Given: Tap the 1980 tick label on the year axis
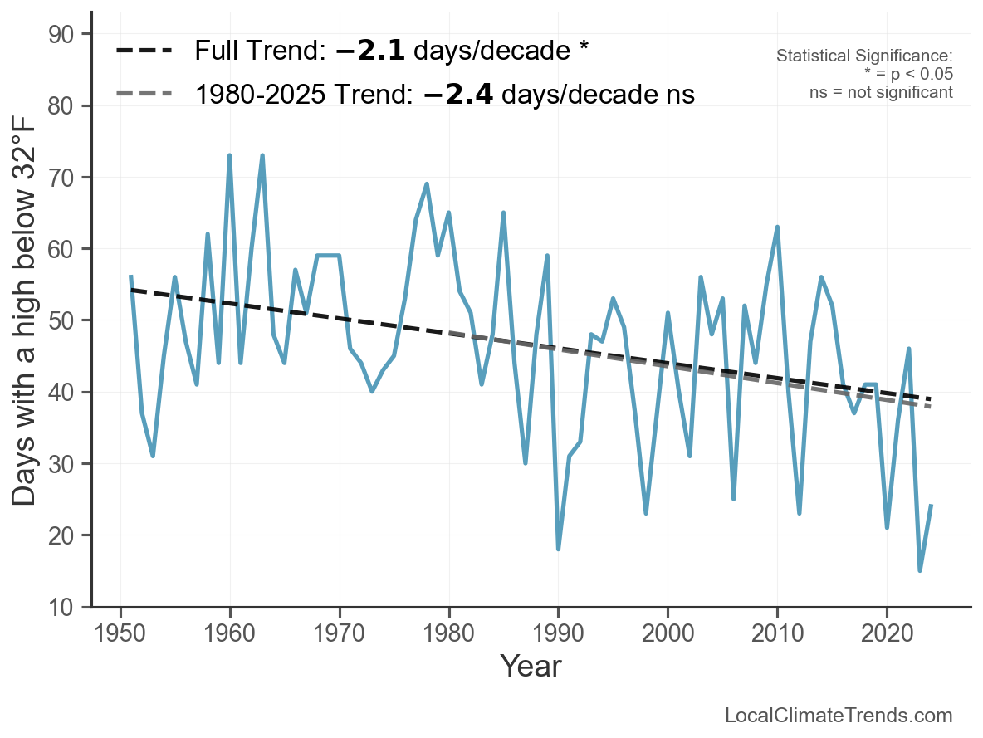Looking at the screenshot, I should (449, 634).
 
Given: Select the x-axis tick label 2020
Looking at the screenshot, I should (887, 634).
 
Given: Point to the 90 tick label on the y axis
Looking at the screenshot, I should (66, 34).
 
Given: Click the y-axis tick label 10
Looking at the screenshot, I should (66, 607).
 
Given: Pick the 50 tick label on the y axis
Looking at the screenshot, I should (66, 320).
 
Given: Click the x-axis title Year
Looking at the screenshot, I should (531, 666).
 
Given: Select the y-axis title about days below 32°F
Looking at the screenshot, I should (26, 320).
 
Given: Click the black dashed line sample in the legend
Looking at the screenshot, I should (144, 51).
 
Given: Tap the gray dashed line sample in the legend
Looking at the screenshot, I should (144, 94).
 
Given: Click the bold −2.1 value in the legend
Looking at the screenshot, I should (370, 51).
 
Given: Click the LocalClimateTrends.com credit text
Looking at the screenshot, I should (839, 716).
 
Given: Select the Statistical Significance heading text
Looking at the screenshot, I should (863, 56).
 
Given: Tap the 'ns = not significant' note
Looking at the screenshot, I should (881, 92).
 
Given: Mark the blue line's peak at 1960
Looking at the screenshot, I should (230, 155).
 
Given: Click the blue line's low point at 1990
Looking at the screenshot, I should (559, 549).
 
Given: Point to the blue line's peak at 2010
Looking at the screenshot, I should (777, 227).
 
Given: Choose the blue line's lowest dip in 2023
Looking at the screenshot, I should (920, 570).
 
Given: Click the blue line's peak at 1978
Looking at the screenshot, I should (427, 184).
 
